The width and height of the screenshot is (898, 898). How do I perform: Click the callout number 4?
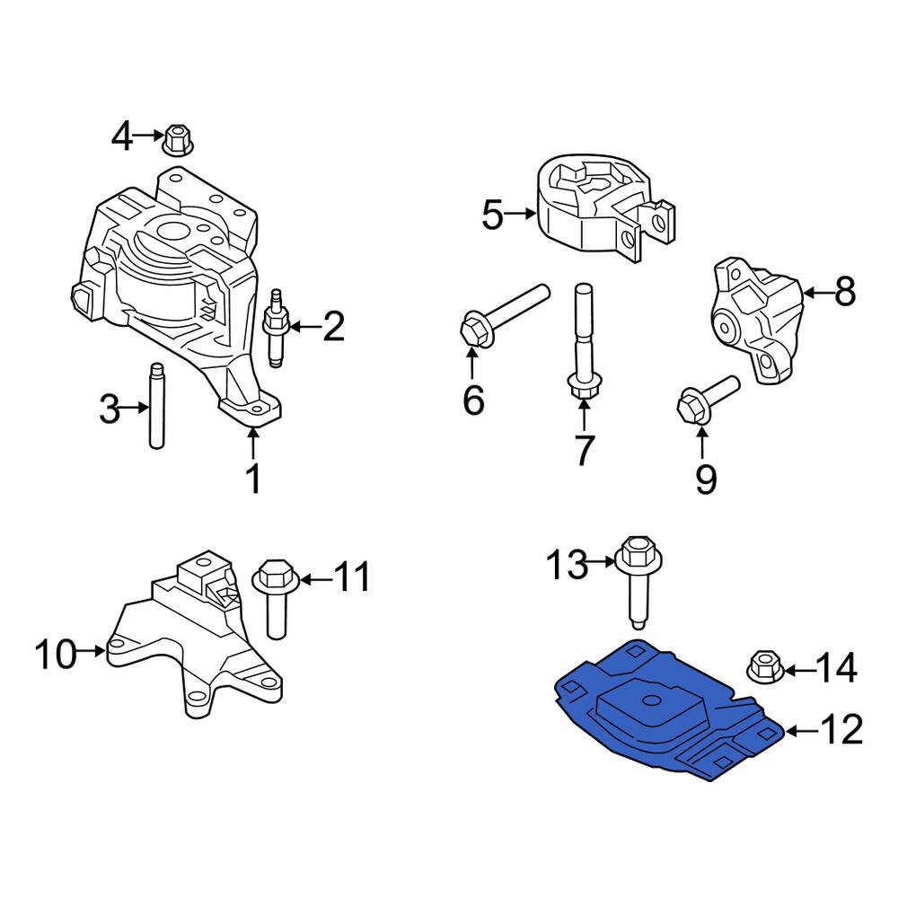pyautogui.click(x=122, y=136)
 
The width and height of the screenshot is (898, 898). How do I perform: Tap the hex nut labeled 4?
pyautogui.click(x=178, y=139)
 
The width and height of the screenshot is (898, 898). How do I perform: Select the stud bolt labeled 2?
pyautogui.click(x=276, y=328)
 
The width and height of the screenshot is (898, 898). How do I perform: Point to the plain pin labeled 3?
pyautogui.click(x=155, y=406)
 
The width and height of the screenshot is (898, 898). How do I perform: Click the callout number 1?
pyautogui.click(x=253, y=479)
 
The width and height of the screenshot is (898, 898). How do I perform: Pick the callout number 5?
pyautogui.click(x=492, y=216)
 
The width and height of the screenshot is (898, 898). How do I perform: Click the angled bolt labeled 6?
pyautogui.click(x=504, y=316)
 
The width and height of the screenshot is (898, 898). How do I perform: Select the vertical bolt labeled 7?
pyautogui.click(x=583, y=343)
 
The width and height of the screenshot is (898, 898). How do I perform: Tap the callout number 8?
pyautogui.click(x=845, y=292)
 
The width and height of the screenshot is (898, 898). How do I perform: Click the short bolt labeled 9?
pyautogui.click(x=707, y=401)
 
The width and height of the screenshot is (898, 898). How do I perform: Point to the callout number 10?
pyautogui.click(x=56, y=654)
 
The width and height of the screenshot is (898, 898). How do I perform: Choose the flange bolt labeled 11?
pyautogui.click(x=276, y=599)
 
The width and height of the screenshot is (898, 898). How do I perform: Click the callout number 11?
pyautogui.click(x=352, y=577)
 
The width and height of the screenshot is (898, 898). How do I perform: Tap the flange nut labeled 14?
pyautogui.click(x=766, y=668)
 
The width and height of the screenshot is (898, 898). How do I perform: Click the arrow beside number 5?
pyautogui.click(x=521, y=215)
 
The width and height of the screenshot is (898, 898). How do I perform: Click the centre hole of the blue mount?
pyautogui.click(x=650, y=700)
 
